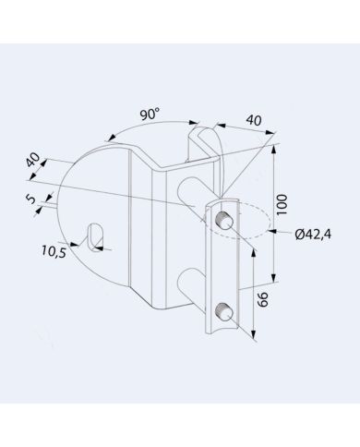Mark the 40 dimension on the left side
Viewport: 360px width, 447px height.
point(34,162)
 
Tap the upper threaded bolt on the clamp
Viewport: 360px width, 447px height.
point(223,220)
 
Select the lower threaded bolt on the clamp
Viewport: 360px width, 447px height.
point(223,309)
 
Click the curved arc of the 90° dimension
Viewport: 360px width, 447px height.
point(120,134)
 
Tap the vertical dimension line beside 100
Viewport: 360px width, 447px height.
point(276,212)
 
